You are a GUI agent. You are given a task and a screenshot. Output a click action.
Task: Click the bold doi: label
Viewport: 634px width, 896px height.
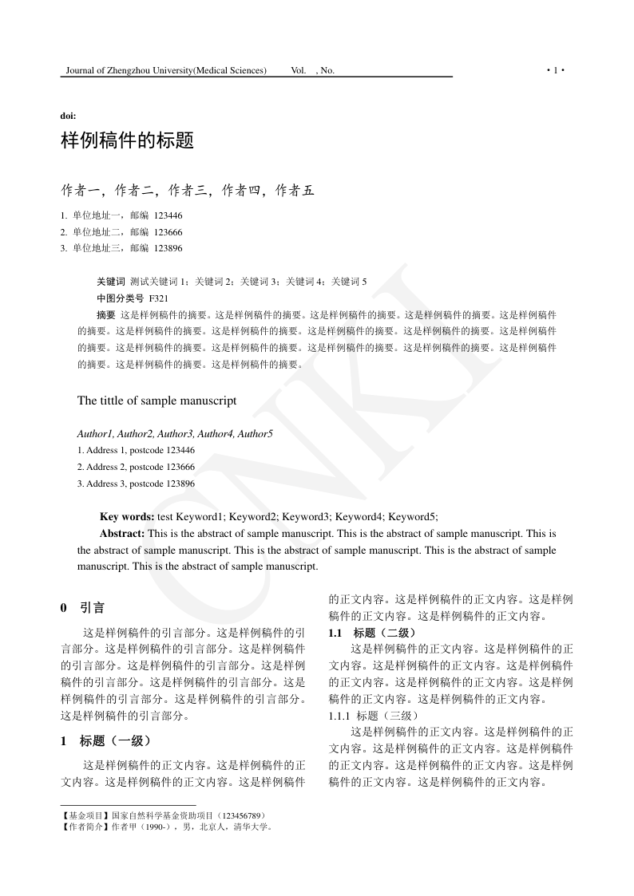coord(69,116)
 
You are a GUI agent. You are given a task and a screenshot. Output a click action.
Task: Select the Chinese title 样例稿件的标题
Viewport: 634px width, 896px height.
coord(128,141)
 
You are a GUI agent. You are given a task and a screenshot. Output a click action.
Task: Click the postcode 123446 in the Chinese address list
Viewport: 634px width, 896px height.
coord(168,215)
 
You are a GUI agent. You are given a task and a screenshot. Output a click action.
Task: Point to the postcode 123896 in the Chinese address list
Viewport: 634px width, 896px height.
coord(168,248)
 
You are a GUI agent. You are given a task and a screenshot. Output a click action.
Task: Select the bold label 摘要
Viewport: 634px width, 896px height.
coord(105,314)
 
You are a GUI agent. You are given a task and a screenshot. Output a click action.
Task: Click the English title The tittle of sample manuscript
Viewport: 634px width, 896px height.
coord(157,401)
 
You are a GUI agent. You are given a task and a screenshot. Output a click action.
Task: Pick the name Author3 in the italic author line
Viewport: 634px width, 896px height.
coord(174,434)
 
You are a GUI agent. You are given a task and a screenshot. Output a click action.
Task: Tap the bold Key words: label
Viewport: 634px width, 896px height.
coord(127,516)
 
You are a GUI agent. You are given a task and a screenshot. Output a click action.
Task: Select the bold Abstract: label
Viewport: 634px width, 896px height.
coord(122,533)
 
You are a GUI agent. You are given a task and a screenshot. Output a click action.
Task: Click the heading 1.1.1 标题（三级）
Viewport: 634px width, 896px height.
coord(372,716)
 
